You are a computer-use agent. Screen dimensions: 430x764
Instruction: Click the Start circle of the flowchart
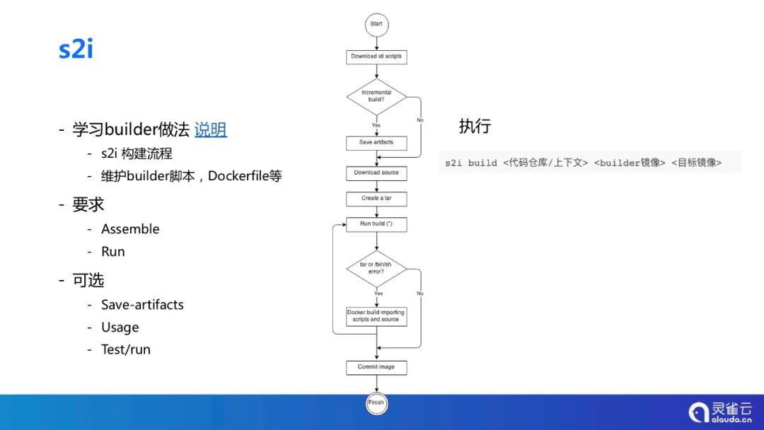tap(376, 24)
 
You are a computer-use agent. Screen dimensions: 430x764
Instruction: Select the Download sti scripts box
tap(376, 57)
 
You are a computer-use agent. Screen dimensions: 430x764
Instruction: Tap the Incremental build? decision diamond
tap(376, 96)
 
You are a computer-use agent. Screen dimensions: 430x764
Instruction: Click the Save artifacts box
tap(376, 143)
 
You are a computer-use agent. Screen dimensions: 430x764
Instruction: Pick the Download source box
tap(376, 173)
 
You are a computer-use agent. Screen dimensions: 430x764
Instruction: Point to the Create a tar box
tap(376, 199)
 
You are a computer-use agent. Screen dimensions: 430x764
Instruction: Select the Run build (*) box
tap(376, 224)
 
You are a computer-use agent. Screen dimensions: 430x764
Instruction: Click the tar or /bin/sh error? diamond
tap(376, 268)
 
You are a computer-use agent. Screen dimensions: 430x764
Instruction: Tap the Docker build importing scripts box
tap(376, 316)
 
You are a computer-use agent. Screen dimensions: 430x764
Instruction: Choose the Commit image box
tap(376, 367)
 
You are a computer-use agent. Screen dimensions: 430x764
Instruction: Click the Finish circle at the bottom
tap(376, 403)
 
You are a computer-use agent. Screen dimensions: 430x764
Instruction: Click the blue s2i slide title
tap(76, 50)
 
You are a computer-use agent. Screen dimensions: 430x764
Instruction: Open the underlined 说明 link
tap(211, 129)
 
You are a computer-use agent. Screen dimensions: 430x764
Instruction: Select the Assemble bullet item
tap(130, 228)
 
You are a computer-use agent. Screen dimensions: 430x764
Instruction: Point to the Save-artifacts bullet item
tap(142, 305)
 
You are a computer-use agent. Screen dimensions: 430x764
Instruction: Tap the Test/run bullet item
tap(126, 349)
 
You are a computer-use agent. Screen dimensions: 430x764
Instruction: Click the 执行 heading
tap(475, 127)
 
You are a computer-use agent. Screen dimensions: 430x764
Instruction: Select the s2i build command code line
tap(584, 163)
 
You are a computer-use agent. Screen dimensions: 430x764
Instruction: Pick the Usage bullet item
tap(120, 327)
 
